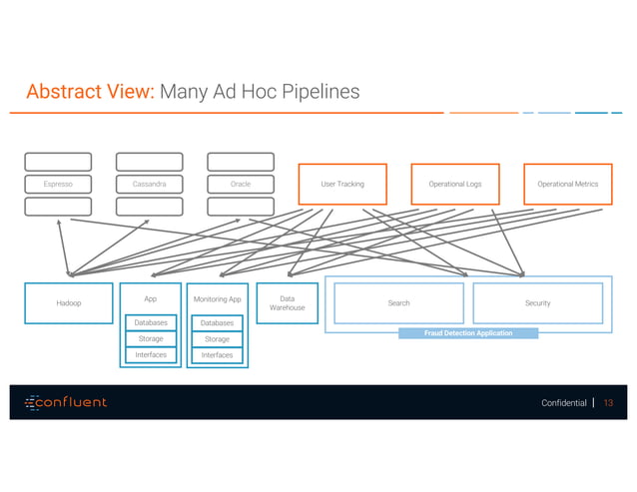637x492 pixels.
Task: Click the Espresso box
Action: (x=58, y=184)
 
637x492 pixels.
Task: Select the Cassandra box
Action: (x=149, y=184)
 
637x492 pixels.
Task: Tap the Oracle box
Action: (x=240, y=184)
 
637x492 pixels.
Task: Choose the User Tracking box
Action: (x=342, y=184)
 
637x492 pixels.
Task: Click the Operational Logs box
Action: (x=454, y=184)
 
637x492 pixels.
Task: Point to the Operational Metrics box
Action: (x=567, y=184)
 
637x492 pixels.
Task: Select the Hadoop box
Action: (x=68, y=302)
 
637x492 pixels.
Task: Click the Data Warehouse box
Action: (x=287, y=303)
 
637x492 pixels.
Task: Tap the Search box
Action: (x=398, y=302)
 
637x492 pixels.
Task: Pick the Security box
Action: (x=537, y=302)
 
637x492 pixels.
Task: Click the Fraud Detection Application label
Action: (x=467, y=333)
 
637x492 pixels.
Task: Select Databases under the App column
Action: (x=151, y=322)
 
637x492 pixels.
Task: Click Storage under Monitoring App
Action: (x=217, y=339)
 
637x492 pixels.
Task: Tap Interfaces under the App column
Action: (x=151, y=355)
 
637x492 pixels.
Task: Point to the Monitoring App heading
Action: (x=217, y=298)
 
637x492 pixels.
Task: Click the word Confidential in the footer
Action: (x=564, y=403)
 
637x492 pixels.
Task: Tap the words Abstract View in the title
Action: (x=89, y=93)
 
